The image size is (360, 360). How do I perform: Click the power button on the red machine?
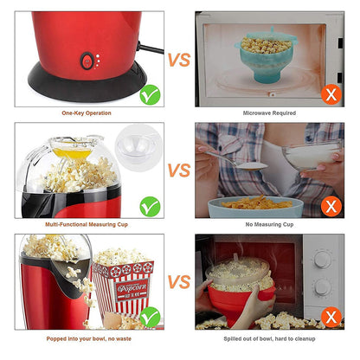click(x=87, y=61)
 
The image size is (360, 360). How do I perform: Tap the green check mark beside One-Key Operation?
click(x=150, y=93)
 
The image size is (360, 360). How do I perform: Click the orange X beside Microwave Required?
click(x=328, y=93)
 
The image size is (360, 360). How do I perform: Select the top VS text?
click(x=178, y=60)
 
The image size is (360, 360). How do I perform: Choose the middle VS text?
click(x=178, y=170)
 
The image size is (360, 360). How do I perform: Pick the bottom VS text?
click(x=178, y=282)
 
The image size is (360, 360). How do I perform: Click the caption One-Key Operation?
click(x=87, y=112)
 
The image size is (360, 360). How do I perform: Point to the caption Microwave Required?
click(x=269, y=112)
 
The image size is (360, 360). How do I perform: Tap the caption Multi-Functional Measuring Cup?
click(x=87, y=224)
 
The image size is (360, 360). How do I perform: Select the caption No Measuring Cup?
click(x=269, y=224)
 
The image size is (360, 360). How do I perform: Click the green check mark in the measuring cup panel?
click(x=150, y=205)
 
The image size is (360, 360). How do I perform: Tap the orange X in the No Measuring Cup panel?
click(x=328, y=205)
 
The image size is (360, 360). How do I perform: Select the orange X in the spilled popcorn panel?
click(x=328, y=318)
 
